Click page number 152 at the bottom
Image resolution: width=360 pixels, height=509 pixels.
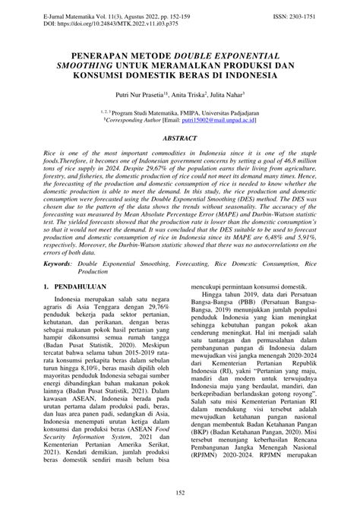[179, 492]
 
